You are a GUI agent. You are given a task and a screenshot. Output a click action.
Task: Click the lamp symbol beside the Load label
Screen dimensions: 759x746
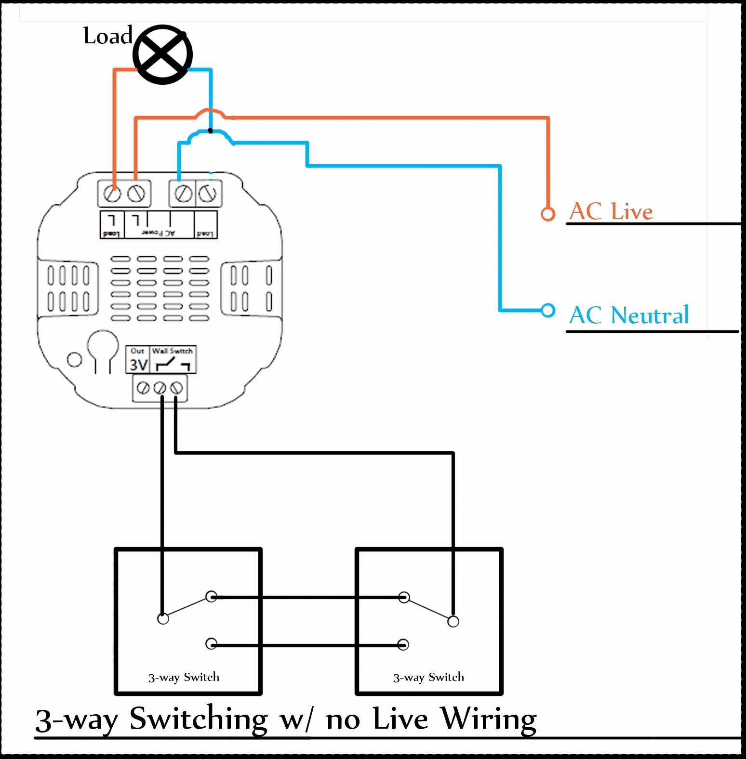click(x=163, y=54)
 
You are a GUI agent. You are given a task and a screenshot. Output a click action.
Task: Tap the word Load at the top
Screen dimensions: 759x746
click(x=107, y=36)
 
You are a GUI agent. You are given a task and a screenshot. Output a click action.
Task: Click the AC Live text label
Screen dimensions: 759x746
click(x=611, y=211)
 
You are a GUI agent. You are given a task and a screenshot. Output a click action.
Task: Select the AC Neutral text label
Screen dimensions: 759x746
click(x=629, y=315)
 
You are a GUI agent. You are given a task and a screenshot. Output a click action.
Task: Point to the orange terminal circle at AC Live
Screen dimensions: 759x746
click(x=547, y=214)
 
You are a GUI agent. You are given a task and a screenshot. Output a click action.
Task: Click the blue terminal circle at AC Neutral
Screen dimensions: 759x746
click(x=548, y=310)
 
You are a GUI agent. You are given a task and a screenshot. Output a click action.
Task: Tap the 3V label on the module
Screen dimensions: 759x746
click(x=138, y=365)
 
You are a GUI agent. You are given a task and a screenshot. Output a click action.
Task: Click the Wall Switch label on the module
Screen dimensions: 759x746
click(x=173, y=351)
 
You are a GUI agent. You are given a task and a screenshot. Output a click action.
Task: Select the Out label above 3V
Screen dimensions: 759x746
click(x=137, y=351)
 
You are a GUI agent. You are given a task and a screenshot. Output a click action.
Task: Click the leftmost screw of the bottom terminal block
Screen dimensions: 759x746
click(x=143, y=388)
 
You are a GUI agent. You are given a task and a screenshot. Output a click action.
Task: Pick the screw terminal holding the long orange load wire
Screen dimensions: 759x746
click(x=113, y=194)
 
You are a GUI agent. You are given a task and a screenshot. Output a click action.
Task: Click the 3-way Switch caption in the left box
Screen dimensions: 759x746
click(x=184, y=677)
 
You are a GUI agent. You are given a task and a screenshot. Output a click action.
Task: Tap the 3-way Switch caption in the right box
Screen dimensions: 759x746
click(x=428, y=677)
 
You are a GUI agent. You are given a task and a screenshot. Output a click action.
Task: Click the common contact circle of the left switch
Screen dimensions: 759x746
click(x=163, y=619)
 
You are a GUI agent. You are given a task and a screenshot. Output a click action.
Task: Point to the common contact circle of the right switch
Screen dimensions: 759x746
click(x=453, y=621)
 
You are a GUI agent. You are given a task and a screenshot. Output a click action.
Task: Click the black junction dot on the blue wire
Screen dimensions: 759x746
click(x=211, y=131)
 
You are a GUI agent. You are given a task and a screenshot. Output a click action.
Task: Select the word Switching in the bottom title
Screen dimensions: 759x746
click(x=198, y=720)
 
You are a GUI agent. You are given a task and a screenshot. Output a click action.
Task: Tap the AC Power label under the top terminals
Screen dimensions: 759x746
click(x=159, y=233)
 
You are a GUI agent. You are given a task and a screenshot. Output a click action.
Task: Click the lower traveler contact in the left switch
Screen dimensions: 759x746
click(x=211, y=644)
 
